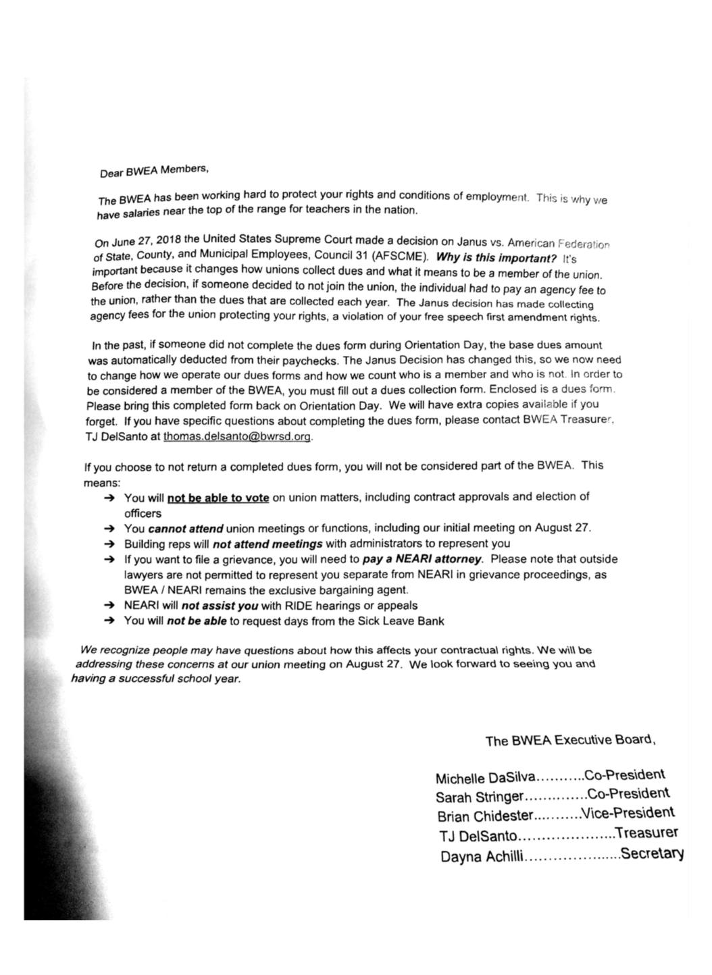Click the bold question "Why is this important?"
point(497,258)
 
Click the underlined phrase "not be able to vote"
point(218,498)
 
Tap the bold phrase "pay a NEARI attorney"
point(422,559)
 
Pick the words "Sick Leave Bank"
point(403,621)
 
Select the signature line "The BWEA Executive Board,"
point(570,740)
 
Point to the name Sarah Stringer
point(479,797)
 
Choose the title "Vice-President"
point(628,814)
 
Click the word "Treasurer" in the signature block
point(646,833)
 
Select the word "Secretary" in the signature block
point(652,853)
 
